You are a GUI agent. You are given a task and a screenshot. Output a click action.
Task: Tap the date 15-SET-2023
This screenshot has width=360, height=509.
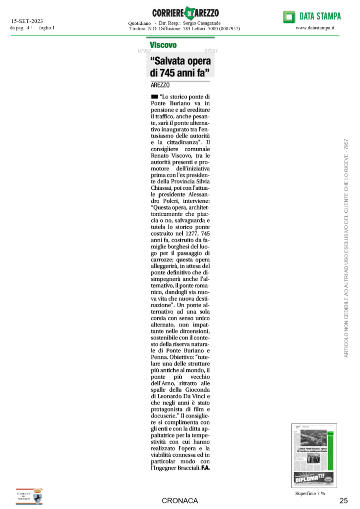(x=27, y=21)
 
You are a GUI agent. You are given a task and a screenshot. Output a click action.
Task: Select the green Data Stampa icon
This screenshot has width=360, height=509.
(x=288, y=17)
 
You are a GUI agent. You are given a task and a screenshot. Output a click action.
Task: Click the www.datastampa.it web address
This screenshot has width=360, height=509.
(x=315, y=28)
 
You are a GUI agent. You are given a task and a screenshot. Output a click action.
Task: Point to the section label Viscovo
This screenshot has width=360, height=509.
(x=163, y=45)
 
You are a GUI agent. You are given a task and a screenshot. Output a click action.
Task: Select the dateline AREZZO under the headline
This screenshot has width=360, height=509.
(x=160, y=85)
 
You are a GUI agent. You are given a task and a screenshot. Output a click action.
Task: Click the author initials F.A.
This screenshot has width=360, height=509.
(x=206, y=468)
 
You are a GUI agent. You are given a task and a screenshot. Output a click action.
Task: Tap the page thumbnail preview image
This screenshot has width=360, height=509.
(x=314, y=455)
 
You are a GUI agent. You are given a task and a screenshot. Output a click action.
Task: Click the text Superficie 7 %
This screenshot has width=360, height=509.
(x=310, y=493)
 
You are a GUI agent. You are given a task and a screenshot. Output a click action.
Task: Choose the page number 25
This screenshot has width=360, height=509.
(x=344, y=501)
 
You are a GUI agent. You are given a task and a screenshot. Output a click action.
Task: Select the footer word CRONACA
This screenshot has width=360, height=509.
(x=180, y=501)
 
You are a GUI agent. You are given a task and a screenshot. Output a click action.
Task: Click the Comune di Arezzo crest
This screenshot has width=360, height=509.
(x=29, y=496)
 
